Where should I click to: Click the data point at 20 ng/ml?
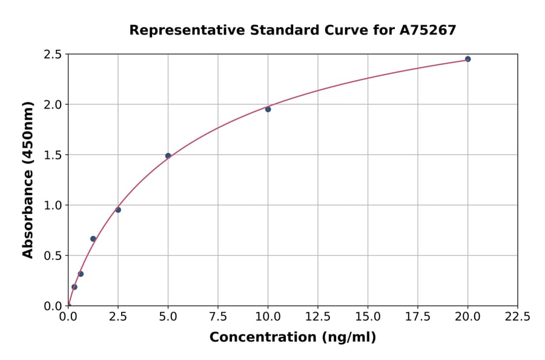[467, 59]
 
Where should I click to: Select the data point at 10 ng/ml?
[268, 109]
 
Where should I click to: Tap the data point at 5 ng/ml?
[168, 156]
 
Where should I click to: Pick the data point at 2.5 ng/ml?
[118, 210]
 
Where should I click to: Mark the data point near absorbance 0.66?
[93, 239]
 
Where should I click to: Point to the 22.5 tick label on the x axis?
[517, 316]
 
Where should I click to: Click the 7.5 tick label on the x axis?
[218, 316]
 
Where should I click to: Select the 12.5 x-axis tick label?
[317, 316]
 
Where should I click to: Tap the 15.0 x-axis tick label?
[368, 316]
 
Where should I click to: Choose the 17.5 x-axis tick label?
[417, 316]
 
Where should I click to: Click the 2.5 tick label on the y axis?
[53, 55]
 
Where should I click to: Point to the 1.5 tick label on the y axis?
[53, 155]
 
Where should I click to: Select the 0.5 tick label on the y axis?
[53, 256]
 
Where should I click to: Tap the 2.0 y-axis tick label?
[53, 105]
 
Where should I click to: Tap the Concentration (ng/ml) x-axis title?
[292, 338]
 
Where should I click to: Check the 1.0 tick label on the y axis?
[53, 205]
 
